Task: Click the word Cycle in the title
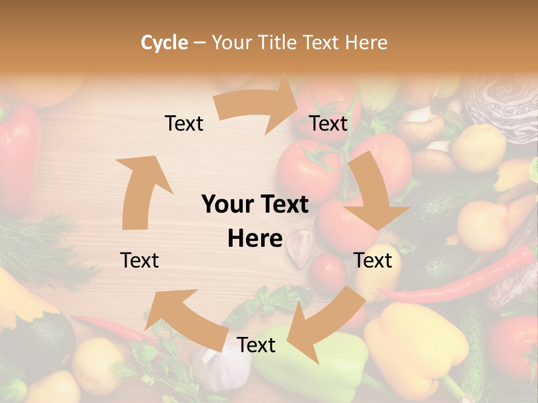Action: click(x=164, y=43)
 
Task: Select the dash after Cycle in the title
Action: click(x=199, y=43)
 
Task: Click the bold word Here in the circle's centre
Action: click(x=255, y=238)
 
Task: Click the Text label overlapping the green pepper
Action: click(x=256, y=345)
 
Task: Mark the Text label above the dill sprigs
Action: click(x=140, y=260)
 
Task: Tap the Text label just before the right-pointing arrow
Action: click(x=184, y=123)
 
